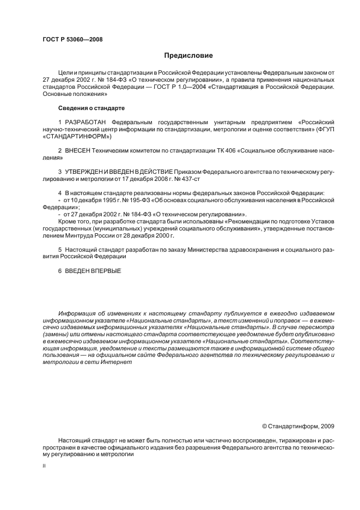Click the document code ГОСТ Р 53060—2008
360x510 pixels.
click(72, 40)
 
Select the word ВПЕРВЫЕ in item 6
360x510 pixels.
click(103, 271)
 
